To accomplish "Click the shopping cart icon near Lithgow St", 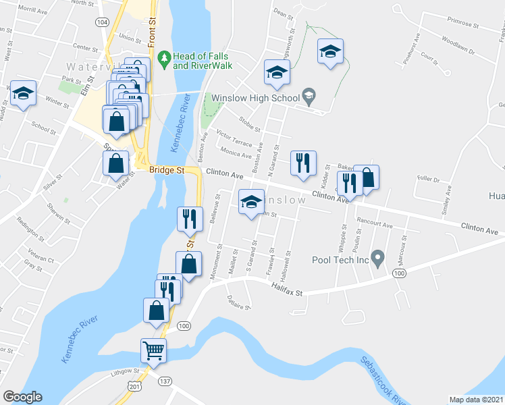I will click(x=153, y=350).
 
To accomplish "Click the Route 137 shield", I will click(x=164, y=381).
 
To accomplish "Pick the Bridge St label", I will click(x=167, y=171).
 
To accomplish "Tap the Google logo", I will click(x=22, y=397).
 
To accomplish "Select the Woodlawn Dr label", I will click(x=460, y=51).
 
